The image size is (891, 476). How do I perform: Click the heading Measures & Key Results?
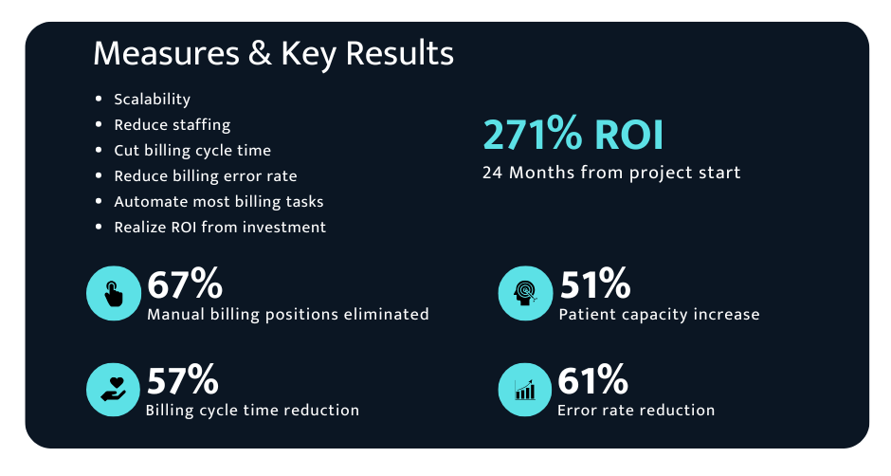[x=273, y=54]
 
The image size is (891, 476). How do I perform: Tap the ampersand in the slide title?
[x=260, y=53]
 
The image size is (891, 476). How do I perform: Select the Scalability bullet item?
[x=152, y=100]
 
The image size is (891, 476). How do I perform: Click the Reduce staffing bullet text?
[x=173, y=125]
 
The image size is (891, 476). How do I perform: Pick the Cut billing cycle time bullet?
[x=192, y=151]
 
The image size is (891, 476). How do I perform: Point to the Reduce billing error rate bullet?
[x=205, y=176]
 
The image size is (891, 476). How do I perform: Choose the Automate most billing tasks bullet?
[x=219, y=202]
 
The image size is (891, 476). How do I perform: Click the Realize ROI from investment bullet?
[x=220, y=228]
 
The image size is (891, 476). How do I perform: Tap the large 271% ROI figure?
[x=573, y=135]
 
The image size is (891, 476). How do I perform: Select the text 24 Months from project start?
[x=611, y=173]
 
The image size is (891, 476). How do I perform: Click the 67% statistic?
[x=185, y=284]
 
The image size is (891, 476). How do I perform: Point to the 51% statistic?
[x=595, y=284]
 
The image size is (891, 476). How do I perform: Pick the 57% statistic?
[x=182, y=379]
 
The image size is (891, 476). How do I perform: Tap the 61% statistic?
[x=592, y=379]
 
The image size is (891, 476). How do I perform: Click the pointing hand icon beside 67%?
[x=114, y=293]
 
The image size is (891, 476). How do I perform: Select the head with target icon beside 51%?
[x=525, y=293]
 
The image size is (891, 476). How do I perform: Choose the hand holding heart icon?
[x=113, y=390]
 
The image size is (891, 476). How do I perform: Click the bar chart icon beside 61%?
[x=524, y=390]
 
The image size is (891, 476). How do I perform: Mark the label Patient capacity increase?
[x=659, y=315]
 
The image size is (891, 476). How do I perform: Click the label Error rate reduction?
[x=636, y=410]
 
